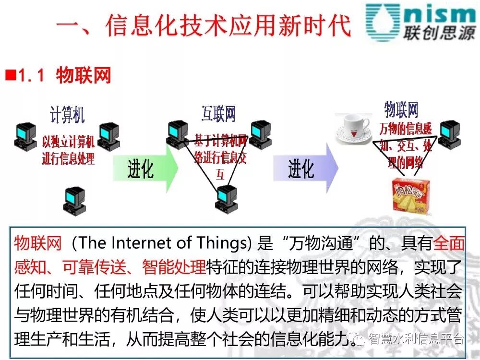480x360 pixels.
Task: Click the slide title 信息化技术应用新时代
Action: point(204,25)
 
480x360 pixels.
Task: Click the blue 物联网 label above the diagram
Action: point(401,110)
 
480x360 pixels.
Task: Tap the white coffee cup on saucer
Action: point(354,128)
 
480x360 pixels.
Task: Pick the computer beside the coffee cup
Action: point(449,135)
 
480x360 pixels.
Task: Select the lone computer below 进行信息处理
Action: point(74,201)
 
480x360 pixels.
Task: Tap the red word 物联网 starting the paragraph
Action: point(38,243)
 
